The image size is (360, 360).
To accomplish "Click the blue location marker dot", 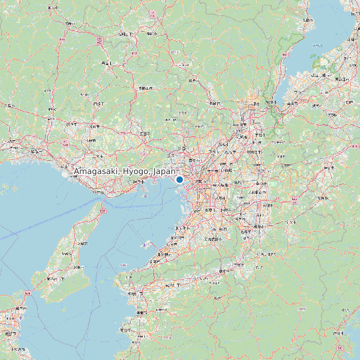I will coord(179,179).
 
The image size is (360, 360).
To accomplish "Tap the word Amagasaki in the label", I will coord(96,172).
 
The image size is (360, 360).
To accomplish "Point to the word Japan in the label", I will coord(164,172).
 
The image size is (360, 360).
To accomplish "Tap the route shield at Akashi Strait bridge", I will coord(103,210).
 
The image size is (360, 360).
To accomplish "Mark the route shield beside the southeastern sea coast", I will coord(340,347).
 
